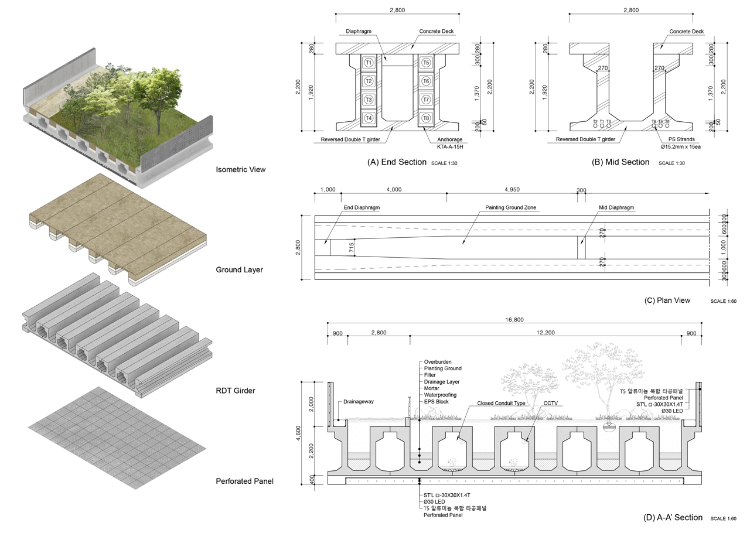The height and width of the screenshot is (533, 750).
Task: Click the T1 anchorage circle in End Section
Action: coord(369,63)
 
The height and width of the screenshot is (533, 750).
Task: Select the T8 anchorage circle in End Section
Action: coord(426,118)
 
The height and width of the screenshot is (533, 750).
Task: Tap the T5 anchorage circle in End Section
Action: coord(426,63)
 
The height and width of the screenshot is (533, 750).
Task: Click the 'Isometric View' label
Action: coord(240,170)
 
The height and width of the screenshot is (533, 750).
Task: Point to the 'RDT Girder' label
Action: coord(236,391)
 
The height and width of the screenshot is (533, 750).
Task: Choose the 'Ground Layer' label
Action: coord(239,270)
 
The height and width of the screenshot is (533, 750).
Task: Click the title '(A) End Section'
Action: coord(397,162)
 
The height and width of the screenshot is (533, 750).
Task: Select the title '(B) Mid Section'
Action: coord(621,162)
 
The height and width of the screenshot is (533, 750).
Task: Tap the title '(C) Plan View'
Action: coord(667,300)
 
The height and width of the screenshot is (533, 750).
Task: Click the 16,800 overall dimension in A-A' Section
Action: coord(513,320)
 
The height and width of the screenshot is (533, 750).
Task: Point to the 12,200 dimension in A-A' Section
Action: coord(546,333)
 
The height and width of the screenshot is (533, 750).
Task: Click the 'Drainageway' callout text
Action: coord(359,402)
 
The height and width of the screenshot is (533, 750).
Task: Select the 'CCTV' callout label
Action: coord(550,403)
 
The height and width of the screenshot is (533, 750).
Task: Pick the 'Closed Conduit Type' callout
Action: coord(501,403)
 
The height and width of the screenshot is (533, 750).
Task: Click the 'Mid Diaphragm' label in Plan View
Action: coord(616,208)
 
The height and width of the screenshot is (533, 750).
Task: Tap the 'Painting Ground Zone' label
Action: coord(510,208)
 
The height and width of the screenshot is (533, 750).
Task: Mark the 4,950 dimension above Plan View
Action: coord(512,190)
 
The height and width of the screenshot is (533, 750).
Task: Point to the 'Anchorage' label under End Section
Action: coord(449,139)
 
